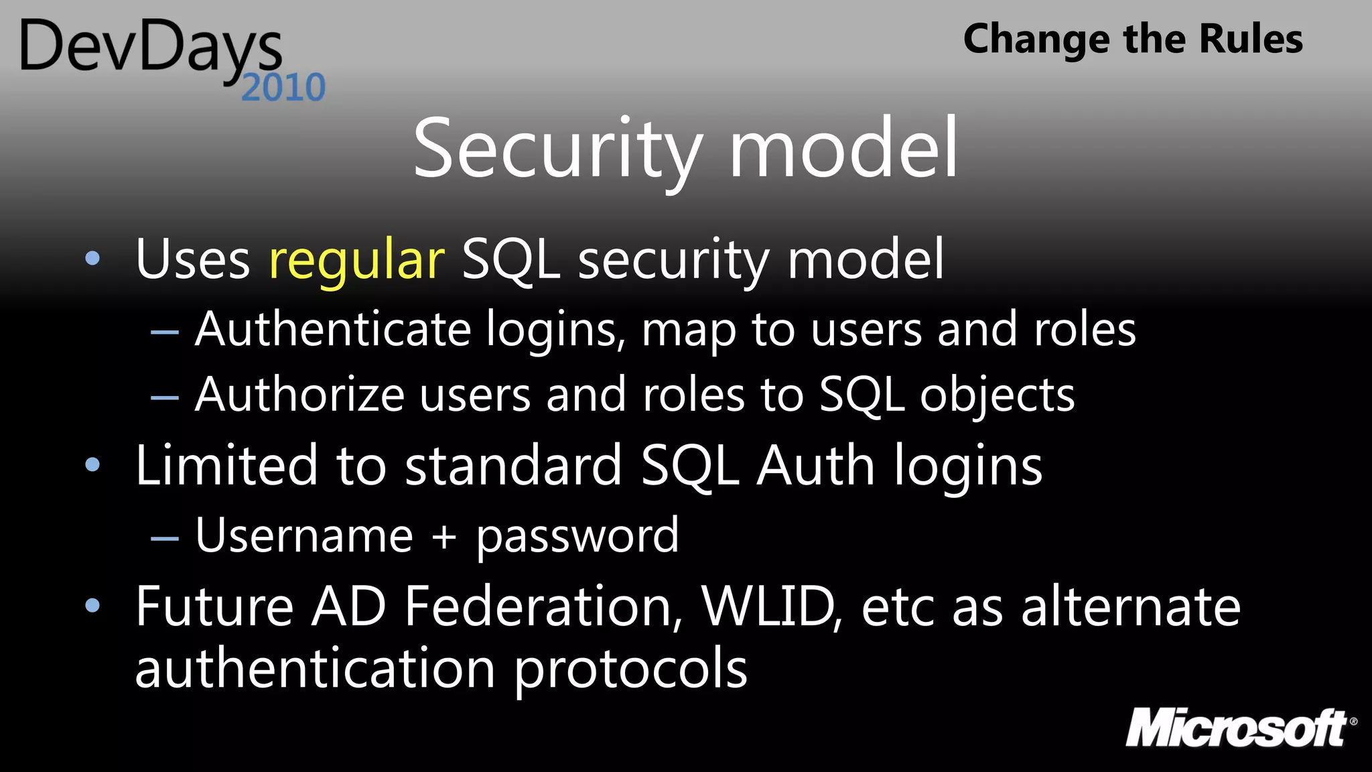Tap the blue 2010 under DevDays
[x=283, y=88]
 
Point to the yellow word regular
[x=356, y=260]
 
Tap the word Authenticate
[x=333, y=330]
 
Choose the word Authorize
[x=299, y=395]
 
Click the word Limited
[x=226, y=465]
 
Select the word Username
[x=304, y=536]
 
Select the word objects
[x=997, y=395]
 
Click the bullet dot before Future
[x=93, y=606]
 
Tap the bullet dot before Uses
[x=93, y=259]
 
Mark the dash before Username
[x=165, y=538]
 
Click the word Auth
[x=815, y=465]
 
